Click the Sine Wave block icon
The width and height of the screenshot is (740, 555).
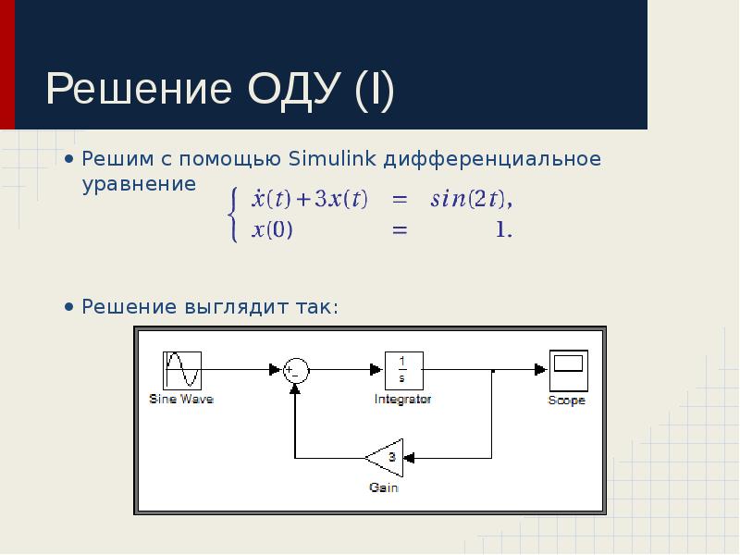182,371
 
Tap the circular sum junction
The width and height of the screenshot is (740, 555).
296,371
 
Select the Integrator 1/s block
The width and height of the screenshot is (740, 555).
404,371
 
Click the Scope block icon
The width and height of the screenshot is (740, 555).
569,371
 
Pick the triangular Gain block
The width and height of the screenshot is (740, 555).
385,458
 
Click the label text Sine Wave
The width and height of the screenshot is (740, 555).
181,400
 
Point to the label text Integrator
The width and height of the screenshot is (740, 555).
402,400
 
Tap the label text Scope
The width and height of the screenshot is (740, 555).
566,401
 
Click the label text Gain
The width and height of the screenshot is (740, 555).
384,487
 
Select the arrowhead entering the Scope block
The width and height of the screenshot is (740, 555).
541,369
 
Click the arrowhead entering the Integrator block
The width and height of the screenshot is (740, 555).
376,369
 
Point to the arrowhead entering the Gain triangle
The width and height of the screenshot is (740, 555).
409,458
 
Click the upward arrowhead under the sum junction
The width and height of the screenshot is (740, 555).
295,388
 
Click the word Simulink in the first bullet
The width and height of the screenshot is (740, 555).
332,158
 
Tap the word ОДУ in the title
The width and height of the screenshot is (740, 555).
294,89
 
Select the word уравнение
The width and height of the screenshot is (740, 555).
139,184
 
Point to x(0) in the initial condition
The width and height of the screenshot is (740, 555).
272,229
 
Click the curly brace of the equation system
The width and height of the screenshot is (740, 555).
232,215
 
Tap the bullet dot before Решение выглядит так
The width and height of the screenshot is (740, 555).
69,307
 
